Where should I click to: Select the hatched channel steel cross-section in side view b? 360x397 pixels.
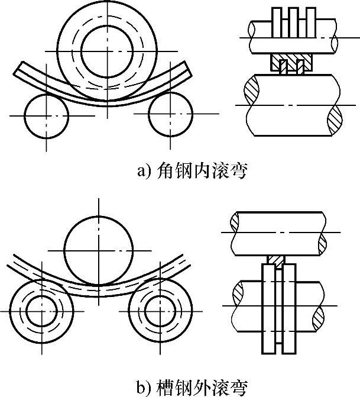(276, 260)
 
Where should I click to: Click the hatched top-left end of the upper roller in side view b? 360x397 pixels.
(235, 222)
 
